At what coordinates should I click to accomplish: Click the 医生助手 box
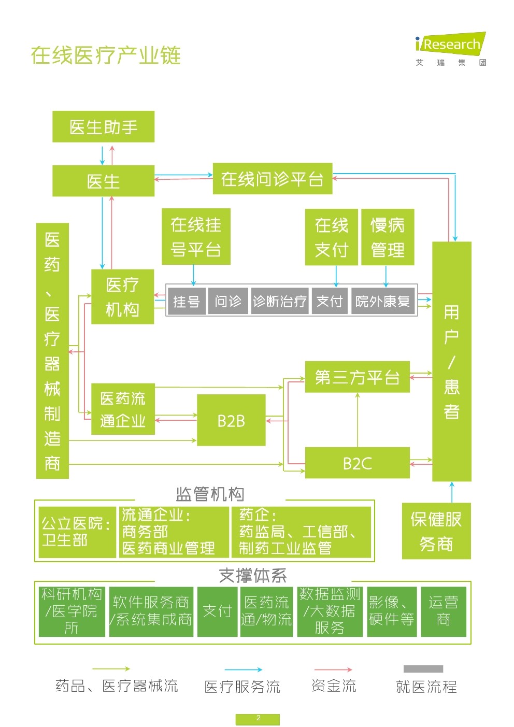coord(103,126)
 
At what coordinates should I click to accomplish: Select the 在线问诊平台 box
coord(272,178)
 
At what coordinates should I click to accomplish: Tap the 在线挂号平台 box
coord(196,236)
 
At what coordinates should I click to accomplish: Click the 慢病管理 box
coord(388,237)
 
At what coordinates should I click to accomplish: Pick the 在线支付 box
coord(331,237)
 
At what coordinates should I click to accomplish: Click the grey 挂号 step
coord(187,301)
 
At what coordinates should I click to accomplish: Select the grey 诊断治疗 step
coord(280,301)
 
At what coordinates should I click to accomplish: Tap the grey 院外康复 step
coord(383,301)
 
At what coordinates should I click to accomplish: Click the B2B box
coord(231,420)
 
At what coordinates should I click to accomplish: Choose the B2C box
coord(358,463)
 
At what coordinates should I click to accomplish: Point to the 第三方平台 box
coord(358,377)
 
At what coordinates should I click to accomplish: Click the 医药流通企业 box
coord(123,409)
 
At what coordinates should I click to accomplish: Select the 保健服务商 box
coord(436,531)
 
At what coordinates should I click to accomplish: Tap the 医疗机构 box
coord(122,296)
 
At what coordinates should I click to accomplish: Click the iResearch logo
coord(451,49)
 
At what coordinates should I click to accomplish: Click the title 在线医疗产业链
coord(106,55)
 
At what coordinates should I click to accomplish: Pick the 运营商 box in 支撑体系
coord(443,611)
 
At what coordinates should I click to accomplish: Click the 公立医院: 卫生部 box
coord(77,532)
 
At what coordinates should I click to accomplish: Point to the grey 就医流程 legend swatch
coord(423,668)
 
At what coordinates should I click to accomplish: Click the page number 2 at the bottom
coord(258,718)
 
